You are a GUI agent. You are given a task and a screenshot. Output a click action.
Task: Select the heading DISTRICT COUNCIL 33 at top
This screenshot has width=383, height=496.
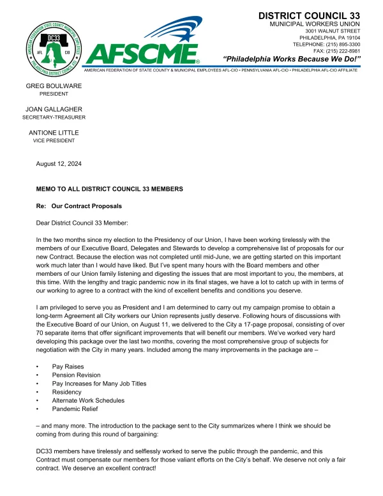point(309,15)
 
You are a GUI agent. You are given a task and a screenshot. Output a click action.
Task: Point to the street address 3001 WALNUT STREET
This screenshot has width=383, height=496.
point(333,31)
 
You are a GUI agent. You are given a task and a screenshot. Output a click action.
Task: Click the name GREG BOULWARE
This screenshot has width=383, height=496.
point(54,85)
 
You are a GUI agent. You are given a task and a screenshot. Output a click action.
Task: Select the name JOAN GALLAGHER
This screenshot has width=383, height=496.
point(54,109)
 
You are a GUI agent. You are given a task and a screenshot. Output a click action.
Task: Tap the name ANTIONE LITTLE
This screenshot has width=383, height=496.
point(54,132)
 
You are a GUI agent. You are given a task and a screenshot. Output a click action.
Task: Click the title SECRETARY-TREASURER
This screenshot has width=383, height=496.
point(54,117)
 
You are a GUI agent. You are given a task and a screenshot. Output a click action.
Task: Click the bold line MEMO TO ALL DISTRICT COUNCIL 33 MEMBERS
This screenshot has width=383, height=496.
point(110,189)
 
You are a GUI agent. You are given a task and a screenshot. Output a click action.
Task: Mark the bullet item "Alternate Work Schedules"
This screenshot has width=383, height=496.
point(88,400)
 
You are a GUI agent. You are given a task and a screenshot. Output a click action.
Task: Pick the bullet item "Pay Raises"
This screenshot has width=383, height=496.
point(68,367)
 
